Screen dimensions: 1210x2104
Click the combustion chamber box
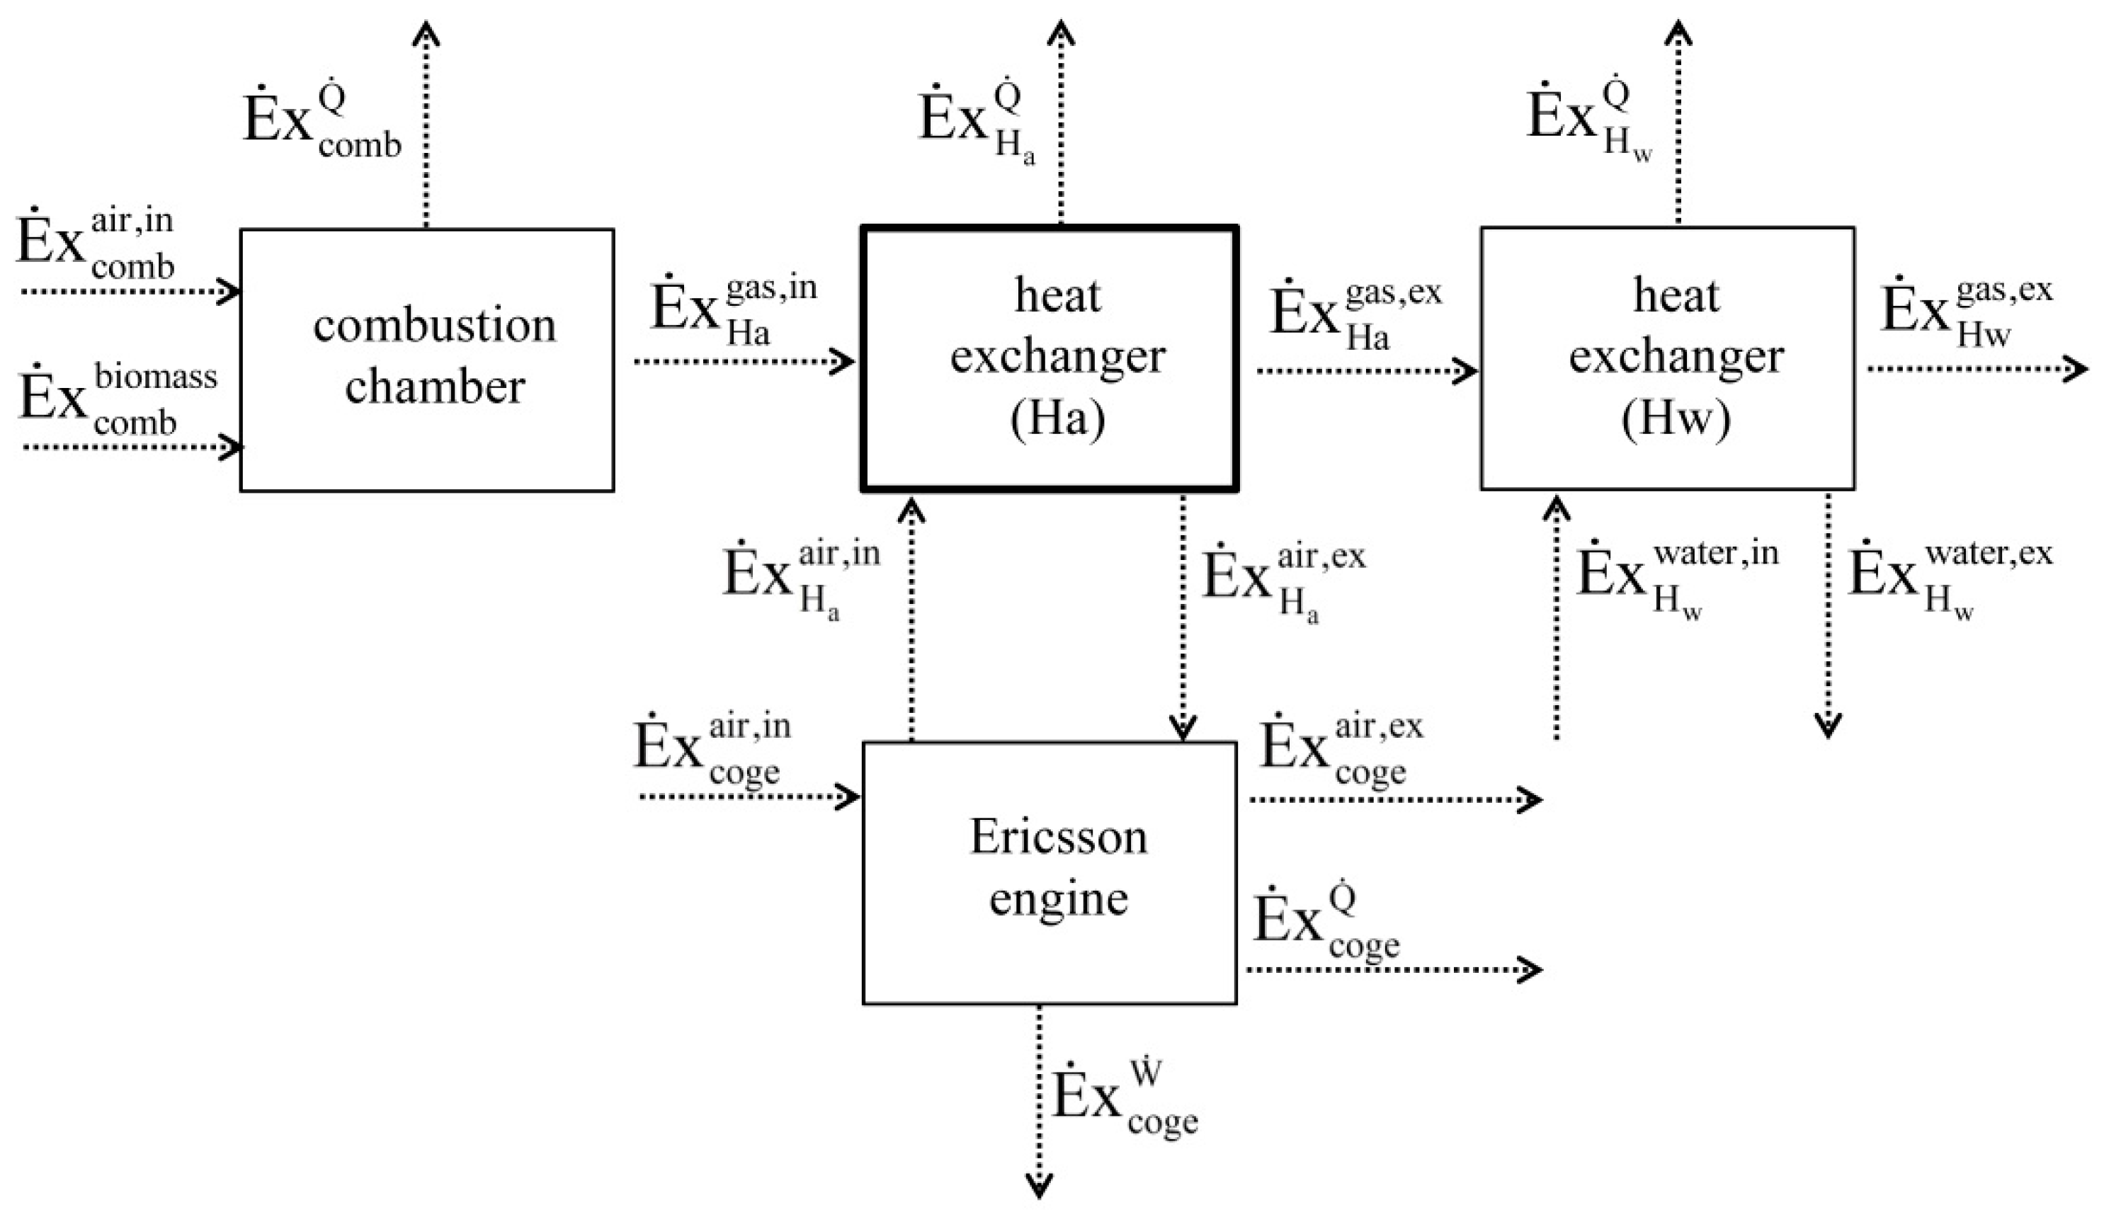[427, 360]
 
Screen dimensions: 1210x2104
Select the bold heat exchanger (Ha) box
[1050, 359]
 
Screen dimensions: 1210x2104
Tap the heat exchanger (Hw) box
[1667, 358]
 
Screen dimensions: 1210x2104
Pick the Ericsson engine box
[1050, 872]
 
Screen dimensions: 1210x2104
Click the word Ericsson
[1058, 837]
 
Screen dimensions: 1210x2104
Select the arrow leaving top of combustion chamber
[426, 125]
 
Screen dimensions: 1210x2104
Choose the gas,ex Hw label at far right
[1966, 314]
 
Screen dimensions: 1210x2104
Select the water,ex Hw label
[1950, 578]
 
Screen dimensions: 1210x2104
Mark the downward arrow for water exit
[1827, 615]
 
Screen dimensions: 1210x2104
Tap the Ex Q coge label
[1326, 923]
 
